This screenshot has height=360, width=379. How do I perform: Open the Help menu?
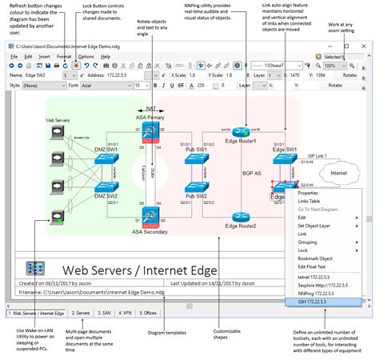pos(106,57)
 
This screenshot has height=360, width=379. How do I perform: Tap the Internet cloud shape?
pos(340,173)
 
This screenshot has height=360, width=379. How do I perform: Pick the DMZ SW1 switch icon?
pos(106,159)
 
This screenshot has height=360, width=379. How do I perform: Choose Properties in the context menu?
pos(308,193)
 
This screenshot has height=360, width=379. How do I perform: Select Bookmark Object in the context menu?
pos(314,258)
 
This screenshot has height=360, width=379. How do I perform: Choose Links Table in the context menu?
pos(309,201)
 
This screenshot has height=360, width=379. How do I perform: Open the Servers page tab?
pos(81,314)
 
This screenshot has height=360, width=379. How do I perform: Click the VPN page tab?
pos(125,314)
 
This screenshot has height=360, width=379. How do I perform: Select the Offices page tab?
pos(149,314)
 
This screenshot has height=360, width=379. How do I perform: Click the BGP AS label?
pos(253,173)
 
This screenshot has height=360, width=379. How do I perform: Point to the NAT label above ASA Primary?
pos(151,108)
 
